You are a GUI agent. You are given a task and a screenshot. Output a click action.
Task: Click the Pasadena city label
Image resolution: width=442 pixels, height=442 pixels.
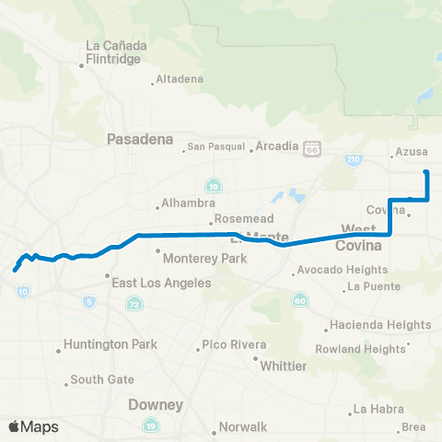(x=140, y=139)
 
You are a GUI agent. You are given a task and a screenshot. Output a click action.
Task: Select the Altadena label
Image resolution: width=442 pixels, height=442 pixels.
(x=180, y=78)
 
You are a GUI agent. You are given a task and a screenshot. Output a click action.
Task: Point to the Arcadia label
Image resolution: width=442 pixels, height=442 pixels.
(x=277, y=146)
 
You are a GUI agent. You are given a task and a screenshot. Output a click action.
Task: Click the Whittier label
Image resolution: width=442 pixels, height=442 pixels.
(x=284, y=366)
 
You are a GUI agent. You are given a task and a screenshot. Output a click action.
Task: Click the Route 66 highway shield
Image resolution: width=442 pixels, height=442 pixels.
(x=313, y=147)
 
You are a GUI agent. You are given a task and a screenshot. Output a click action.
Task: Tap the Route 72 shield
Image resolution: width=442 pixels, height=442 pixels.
(x=134, y=303)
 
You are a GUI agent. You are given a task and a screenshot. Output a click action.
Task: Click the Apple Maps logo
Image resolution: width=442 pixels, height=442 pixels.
(x=32, y=426)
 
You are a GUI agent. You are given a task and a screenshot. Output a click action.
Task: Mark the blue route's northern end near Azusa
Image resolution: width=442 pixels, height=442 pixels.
(x=425, y=172)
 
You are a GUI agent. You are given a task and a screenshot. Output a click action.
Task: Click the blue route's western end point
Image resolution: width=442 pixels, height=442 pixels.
(x=15, y=271)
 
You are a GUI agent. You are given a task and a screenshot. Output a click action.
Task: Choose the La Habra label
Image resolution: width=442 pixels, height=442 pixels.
(x=378, y=409)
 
